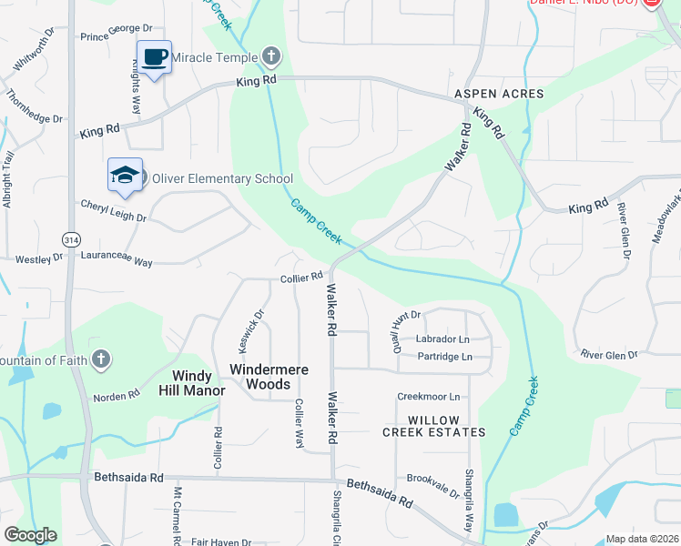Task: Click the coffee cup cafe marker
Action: (x=154, y=58)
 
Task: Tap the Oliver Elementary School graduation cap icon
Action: (x=125, y=176)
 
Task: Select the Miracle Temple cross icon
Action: (x=270, y=57)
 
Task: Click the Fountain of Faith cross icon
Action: (x=101, y=359)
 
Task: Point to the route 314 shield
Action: (x=71, y=239)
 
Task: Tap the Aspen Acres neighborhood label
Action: (x=499, y=94)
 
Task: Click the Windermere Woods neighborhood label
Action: (x=269, y=377)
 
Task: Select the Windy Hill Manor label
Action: (x=193, y=383)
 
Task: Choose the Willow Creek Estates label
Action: (x=433, y=425)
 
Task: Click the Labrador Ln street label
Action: (x=442, y=339)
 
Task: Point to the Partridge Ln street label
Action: (x=444, y=357)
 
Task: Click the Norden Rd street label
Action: (x=116, y=397)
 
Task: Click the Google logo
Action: (x=30, y=535)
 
